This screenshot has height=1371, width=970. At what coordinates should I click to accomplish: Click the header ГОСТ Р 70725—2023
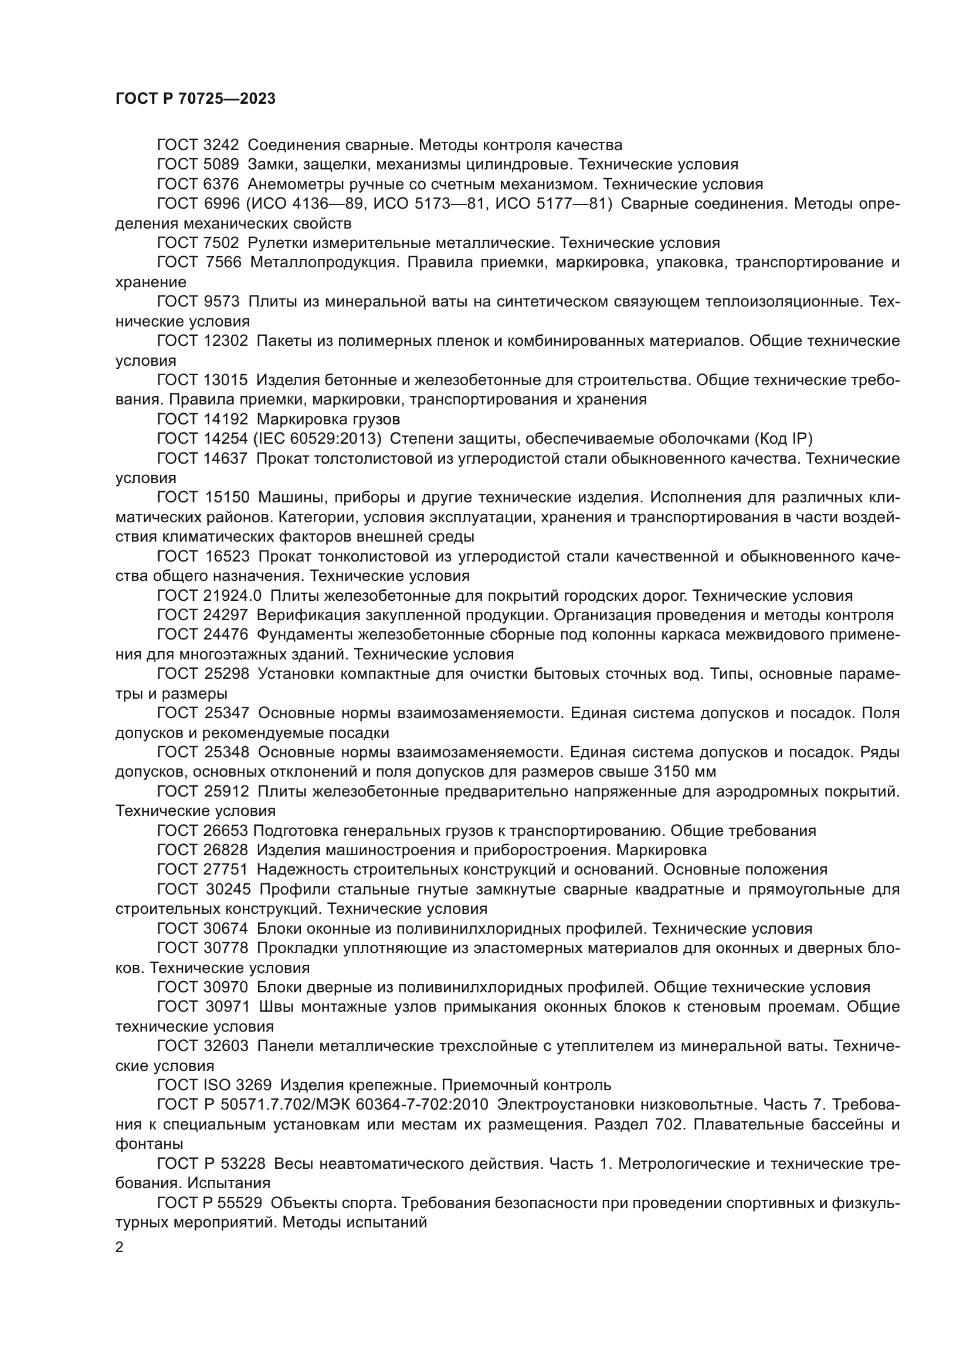(x=195, y=99)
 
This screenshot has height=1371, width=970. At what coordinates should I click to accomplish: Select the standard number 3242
(x=220, y=145)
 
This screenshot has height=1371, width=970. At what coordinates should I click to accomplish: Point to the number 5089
(x=220, y=165)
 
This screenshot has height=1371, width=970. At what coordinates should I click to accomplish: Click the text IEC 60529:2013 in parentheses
(x=317, y=439)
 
